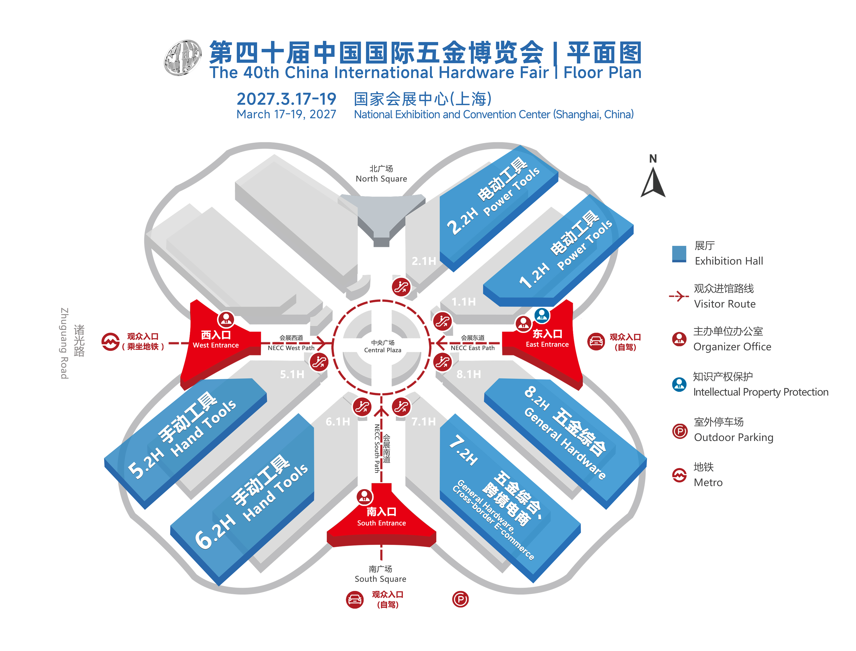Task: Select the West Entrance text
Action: tap(216, 345)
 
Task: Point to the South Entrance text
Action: tap(381, 523)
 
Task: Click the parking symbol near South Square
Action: tap(460, 600)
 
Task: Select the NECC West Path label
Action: tap(291, 348)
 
